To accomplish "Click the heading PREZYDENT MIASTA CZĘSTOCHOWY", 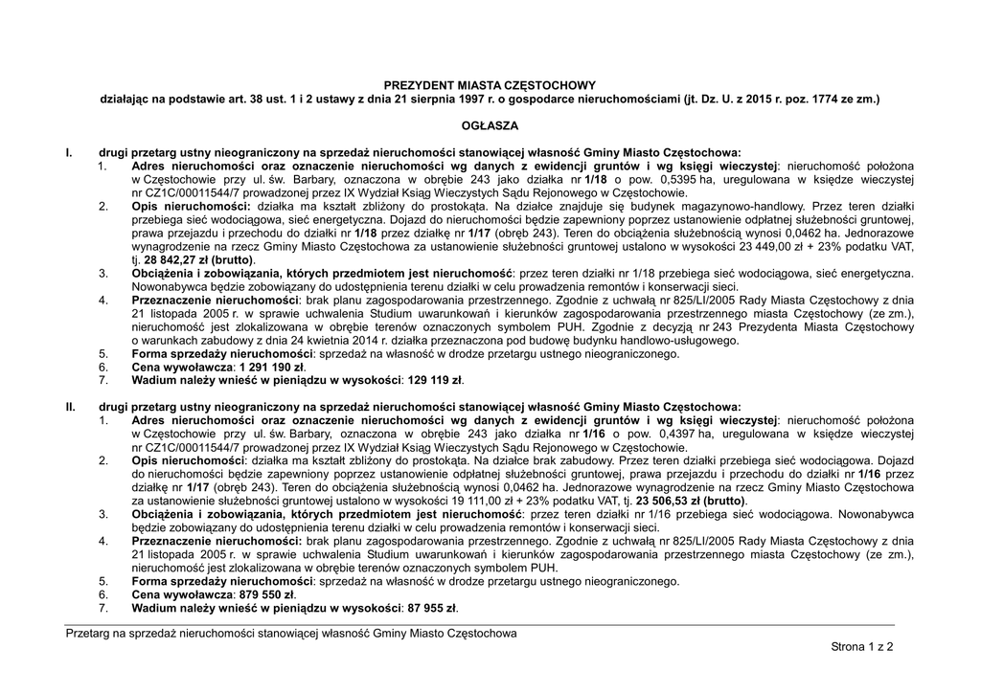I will click(x=490, y=84).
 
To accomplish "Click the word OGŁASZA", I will click(x=490, y=125).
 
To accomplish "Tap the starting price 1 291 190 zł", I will click(x=270, y=367).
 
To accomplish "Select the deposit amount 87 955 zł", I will click(x=428, y=608).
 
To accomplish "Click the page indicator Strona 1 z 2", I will click(x=862, y=648).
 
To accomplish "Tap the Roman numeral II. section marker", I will click(x=70, y=407).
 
